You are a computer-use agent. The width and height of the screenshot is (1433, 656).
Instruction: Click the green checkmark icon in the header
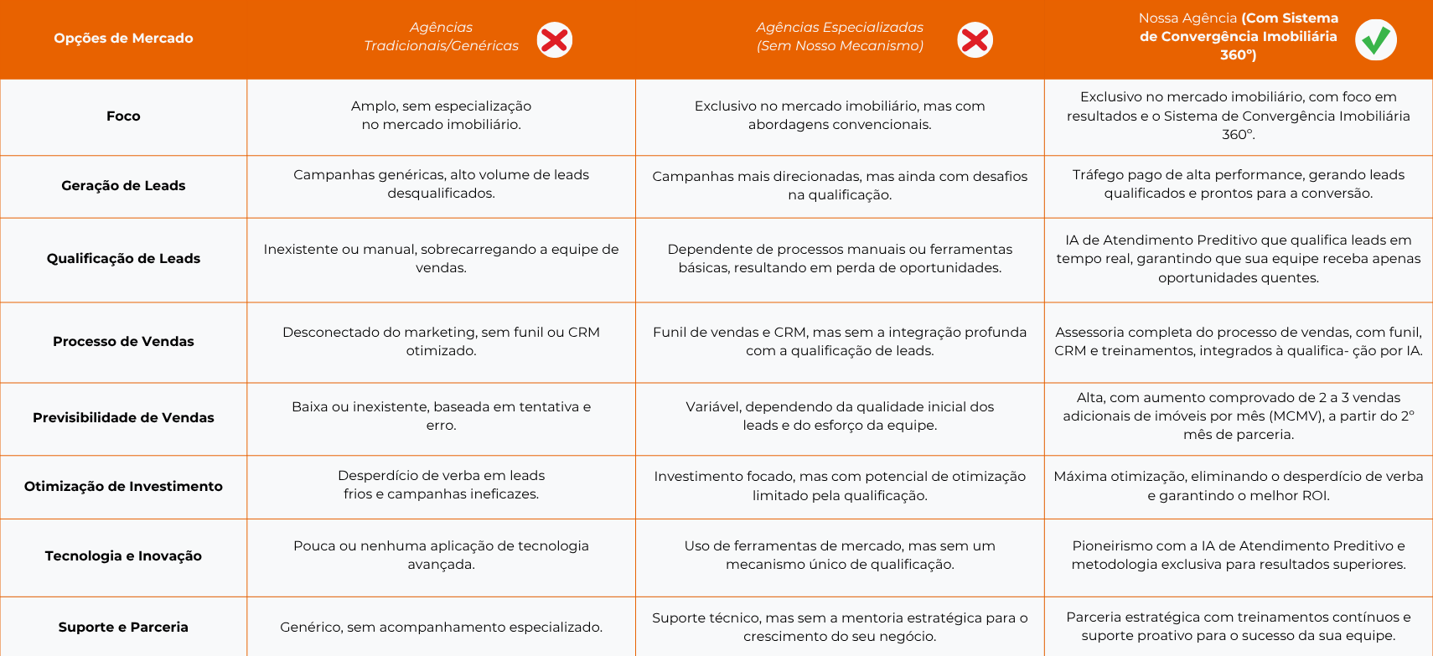coord(1375,39)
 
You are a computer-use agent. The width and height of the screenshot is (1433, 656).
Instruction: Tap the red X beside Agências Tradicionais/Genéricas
coord(555,39)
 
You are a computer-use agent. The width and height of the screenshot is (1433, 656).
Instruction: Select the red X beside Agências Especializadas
coord(975,39)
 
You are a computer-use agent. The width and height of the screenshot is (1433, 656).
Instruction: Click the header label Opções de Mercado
coord(123,38)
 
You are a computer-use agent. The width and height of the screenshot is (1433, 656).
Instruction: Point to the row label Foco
coord(123,116)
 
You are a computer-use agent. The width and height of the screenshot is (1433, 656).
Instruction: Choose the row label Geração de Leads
coord(123,185)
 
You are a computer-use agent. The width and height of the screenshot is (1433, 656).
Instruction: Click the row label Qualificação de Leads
coord(123,258)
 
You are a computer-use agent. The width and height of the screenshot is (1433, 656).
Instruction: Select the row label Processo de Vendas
coord(123,341)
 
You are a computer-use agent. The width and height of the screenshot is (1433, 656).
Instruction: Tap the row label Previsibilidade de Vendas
coord(123,417)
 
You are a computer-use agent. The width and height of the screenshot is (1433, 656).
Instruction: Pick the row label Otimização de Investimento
coord(123,486)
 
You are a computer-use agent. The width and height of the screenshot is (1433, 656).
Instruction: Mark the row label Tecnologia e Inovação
coord(123,555)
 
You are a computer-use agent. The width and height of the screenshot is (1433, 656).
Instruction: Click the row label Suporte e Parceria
coord(123,627)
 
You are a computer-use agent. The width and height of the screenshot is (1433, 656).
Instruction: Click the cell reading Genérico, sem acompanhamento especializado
coord(441,627)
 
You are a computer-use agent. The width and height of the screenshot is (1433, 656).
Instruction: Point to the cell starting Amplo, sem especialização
coord(441,115)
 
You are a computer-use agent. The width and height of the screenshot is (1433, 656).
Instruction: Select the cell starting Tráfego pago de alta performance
coord(1238,183)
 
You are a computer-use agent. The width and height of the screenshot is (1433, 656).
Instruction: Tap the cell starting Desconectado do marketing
coord(441,341)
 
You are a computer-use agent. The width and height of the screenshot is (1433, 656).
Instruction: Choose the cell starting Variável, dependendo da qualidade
coord(840,416)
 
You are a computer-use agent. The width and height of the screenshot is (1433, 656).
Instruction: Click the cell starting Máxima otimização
coord(1238,486)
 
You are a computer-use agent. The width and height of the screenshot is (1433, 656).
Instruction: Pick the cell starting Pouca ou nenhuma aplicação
coord(441,555)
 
